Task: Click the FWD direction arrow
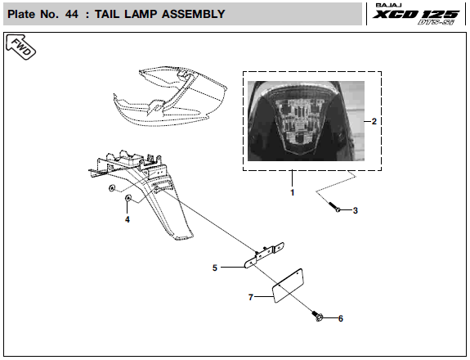20,47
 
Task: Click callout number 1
293,192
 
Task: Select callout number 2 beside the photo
374,121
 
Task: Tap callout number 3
356,210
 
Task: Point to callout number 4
128,220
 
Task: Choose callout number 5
215,268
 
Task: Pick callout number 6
341,318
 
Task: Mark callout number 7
251,297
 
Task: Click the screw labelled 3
334,207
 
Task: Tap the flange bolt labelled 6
317,316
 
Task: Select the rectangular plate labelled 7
288,286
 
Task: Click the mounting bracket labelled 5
264,255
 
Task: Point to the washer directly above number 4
128,198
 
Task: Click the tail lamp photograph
306,121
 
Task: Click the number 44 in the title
72,14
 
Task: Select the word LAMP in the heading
141,14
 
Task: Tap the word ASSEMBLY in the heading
194,14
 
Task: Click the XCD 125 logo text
416,14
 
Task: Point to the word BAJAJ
388,6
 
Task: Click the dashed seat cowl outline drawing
170,96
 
